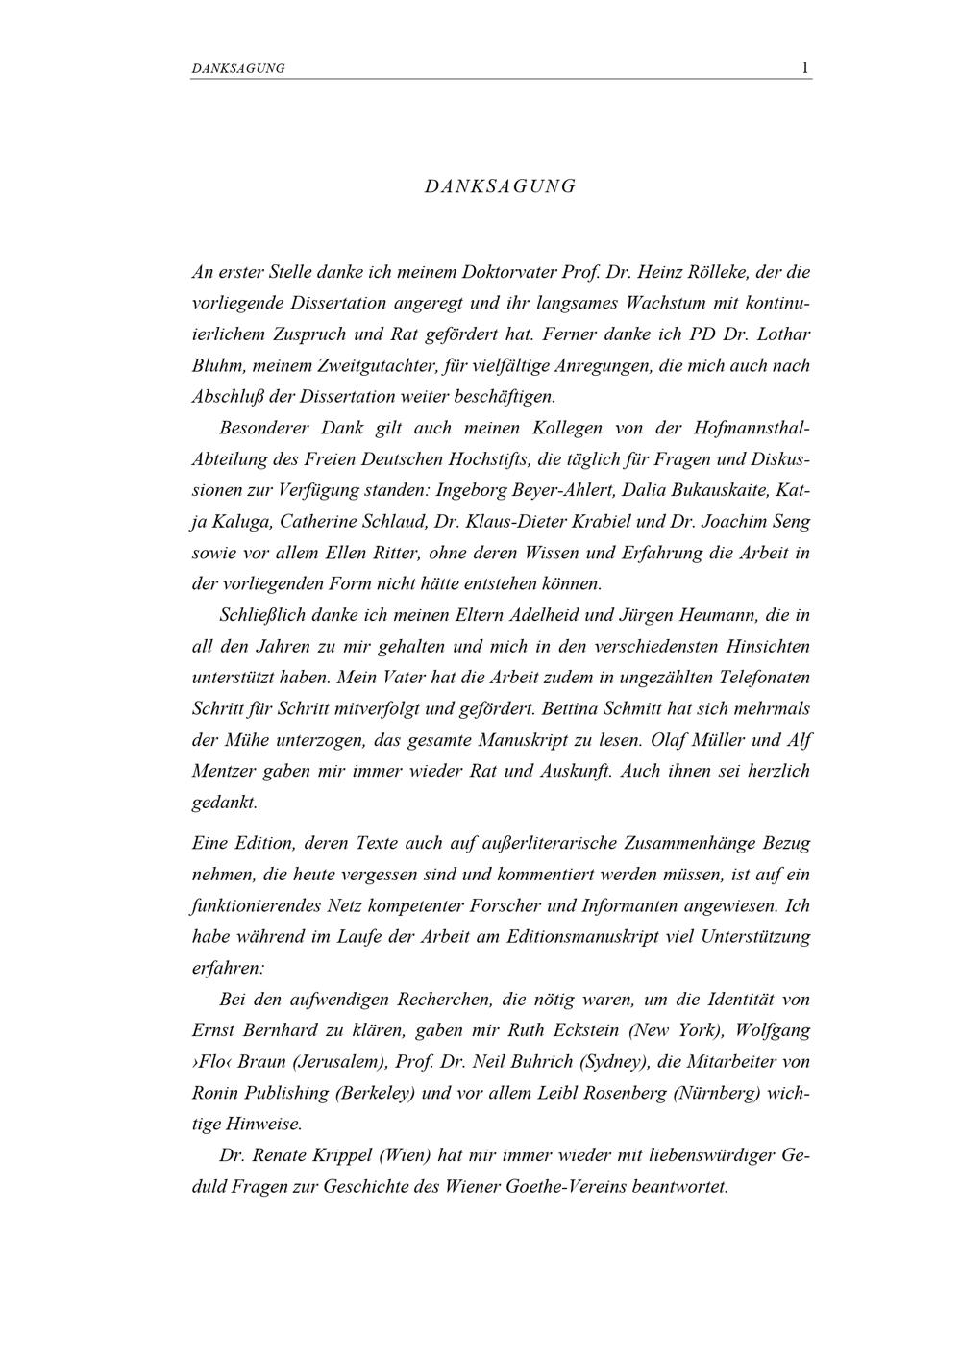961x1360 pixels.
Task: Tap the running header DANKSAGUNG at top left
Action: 238,69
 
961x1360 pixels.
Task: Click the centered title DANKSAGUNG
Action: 500,186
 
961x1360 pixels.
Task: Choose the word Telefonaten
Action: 760,677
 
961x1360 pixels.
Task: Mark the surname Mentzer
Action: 224,771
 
